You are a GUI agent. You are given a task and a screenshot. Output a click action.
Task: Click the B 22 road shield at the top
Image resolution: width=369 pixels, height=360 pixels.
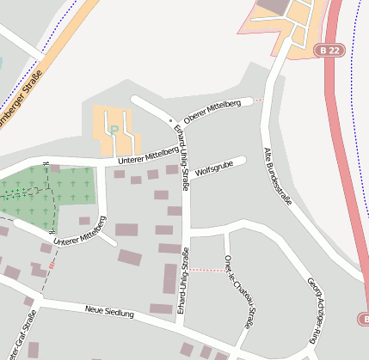coord(327,51)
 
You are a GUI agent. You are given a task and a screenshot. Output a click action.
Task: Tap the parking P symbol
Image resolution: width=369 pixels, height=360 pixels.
coord(114,131)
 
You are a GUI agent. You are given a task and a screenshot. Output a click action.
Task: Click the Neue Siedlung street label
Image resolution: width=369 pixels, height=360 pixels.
coord(109,312)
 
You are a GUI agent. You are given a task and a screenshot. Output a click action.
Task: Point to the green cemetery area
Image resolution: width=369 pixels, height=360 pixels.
coord(39,193)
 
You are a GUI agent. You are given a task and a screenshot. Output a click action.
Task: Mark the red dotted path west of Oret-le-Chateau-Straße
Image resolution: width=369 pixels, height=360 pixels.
coord(205,270)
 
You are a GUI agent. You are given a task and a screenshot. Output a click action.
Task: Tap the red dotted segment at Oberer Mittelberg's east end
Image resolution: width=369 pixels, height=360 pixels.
coord(256,101)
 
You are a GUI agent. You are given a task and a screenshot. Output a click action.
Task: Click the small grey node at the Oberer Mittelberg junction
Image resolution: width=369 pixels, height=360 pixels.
coord(171,118)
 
